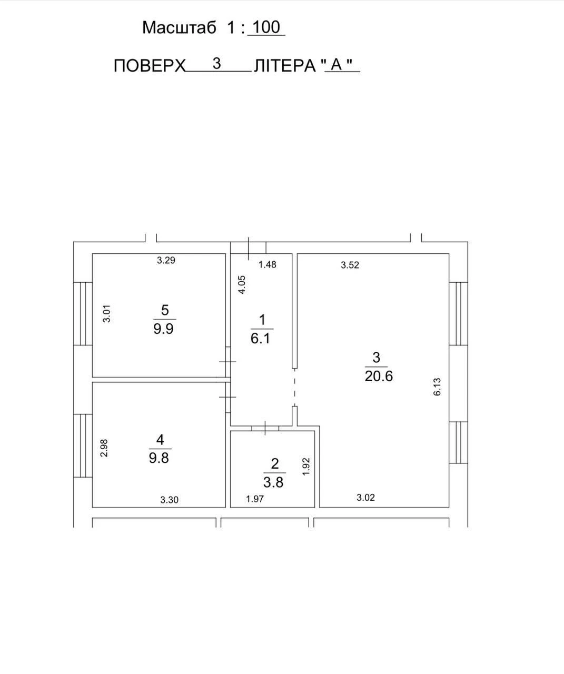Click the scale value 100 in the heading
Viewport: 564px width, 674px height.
point(266,27)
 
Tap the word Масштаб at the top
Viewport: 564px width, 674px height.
point(179,28)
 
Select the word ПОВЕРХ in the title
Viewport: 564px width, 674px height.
point(150,66)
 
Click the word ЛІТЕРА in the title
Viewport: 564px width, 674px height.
point(285,66)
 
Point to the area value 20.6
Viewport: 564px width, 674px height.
point(379,376)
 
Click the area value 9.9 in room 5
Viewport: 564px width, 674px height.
point(163,329)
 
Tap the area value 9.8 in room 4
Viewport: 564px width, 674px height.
point(159,458)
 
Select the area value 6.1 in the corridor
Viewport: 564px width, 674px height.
point(260,339)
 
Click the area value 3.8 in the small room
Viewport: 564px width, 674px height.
point(273,482)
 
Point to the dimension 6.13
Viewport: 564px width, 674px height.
point(437,386)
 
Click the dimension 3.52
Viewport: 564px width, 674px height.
point(350,265)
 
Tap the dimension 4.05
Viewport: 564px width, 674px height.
point(242,284)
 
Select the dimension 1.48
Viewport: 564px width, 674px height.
point(268,265)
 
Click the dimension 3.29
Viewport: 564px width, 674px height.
point(166,260)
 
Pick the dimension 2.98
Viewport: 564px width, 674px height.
point(104,448)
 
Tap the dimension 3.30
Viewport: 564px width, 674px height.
point(169,500)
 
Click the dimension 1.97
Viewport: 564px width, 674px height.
point(255,499)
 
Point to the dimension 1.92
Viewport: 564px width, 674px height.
point(306,467)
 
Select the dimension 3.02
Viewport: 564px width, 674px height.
point(366,498)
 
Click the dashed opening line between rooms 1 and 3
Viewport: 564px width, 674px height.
point(294,388)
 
